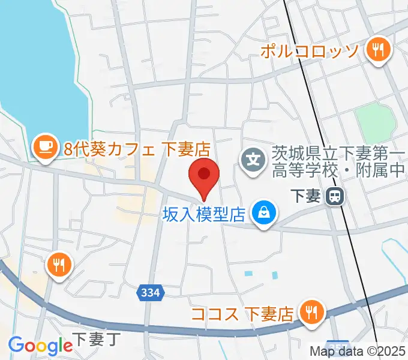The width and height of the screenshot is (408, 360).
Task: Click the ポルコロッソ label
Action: click(309, 50)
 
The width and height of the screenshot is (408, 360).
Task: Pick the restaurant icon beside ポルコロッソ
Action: click(377, 50)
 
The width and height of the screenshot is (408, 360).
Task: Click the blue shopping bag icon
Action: click(263, 212)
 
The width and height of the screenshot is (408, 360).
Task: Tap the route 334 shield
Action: click(152, 293)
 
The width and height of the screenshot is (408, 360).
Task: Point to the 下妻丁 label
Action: click(96, 340)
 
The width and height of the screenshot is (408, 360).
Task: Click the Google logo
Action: click(40, 346)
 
